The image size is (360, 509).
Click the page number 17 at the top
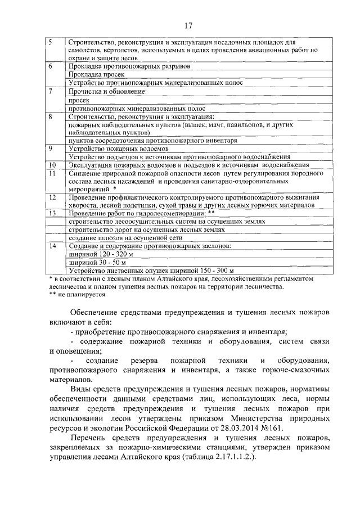(x=188, y=25)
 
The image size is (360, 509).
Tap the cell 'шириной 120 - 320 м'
(x=100, y=255)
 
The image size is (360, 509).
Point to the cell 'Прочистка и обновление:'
(x=107, y=91)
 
